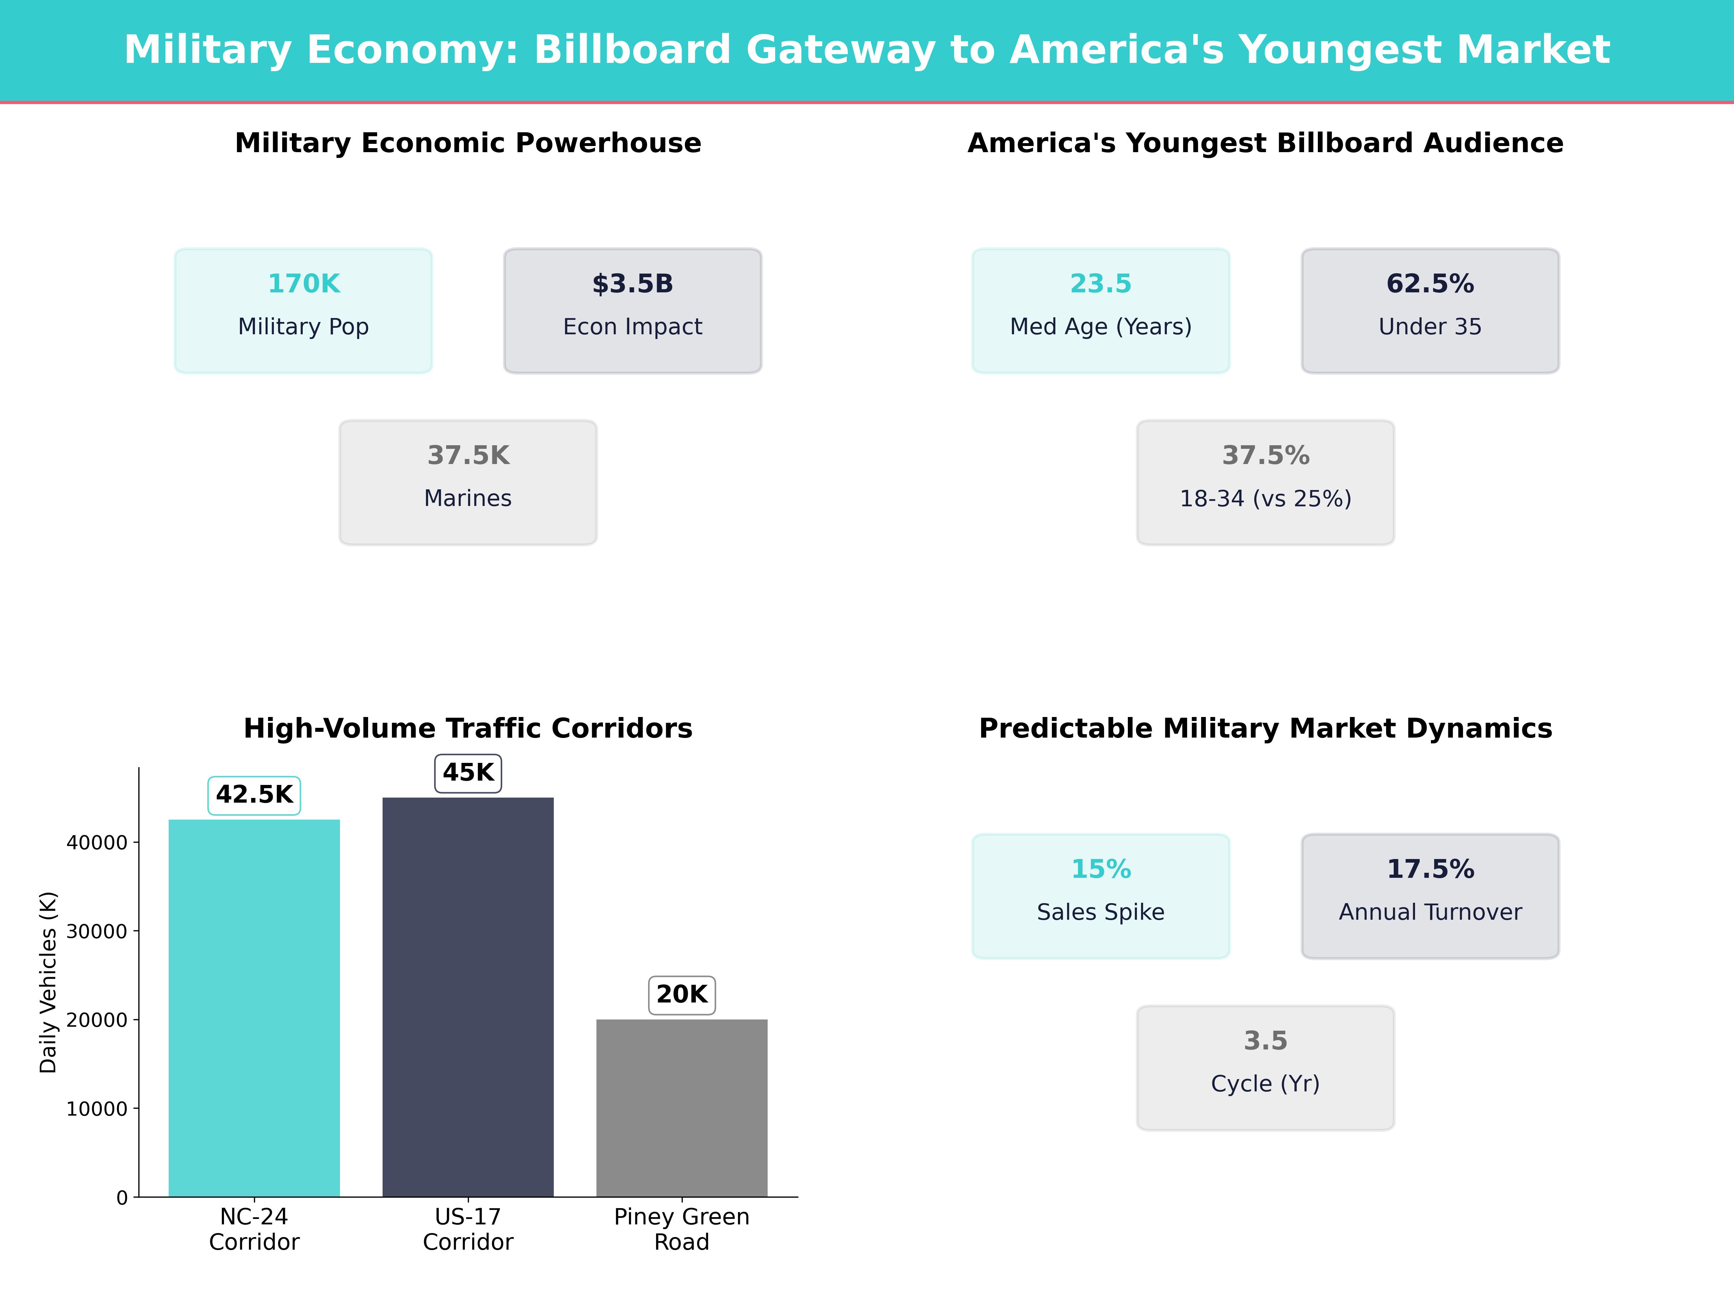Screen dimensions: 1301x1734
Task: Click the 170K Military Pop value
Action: pos(303,284)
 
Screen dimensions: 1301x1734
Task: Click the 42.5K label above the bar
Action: pos(254,795)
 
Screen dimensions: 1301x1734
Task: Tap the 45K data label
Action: pos(468,773)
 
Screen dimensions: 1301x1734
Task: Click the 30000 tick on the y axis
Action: pos(96,932)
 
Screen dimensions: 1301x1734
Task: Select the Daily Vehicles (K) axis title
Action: pos(49,982)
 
